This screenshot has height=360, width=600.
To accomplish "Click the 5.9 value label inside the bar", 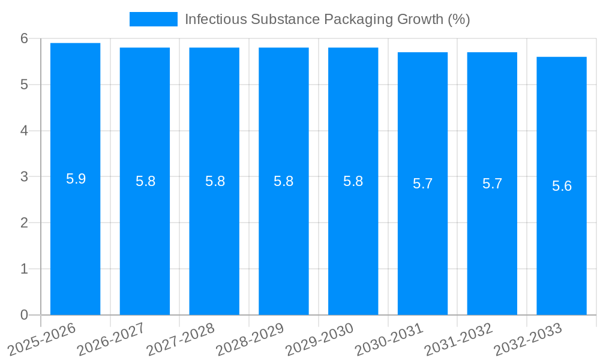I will click(76, 179).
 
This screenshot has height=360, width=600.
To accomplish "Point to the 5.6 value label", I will click(562, 186).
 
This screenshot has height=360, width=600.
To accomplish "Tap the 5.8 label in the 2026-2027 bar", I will click(145, 182).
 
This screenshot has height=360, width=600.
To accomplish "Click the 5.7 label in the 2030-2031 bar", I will click(422, 184).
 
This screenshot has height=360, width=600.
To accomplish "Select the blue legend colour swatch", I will click(154, 19).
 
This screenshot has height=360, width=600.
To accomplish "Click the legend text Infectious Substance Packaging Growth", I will click(327, 19).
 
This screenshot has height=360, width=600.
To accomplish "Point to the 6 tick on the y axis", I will click(24, 38).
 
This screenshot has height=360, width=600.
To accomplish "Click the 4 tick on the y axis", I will click(24, 131).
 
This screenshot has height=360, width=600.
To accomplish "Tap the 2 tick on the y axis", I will click(24, 223).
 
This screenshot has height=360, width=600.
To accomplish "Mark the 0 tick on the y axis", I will click(24, 315).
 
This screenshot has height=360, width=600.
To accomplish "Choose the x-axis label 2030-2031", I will click(389, 339).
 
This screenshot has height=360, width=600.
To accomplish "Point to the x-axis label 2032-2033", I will click(528, 339).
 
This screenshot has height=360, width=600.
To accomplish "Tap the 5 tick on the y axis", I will click(24, 85).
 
